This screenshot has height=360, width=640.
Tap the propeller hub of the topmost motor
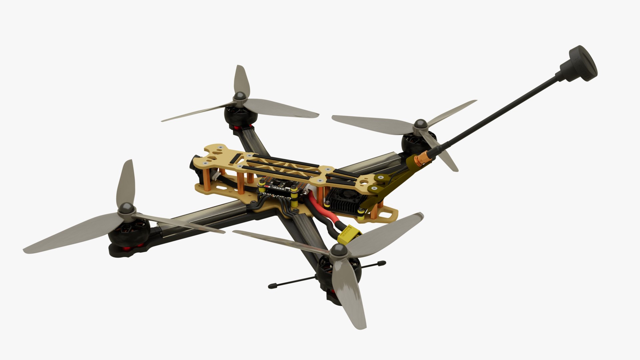point(240,97)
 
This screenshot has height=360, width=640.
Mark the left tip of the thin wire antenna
point(271,286)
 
